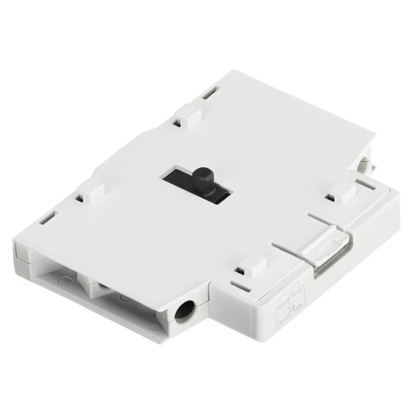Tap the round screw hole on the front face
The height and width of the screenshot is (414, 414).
click(x=186, y=310)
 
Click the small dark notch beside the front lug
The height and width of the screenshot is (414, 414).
click(x=238, y=271)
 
